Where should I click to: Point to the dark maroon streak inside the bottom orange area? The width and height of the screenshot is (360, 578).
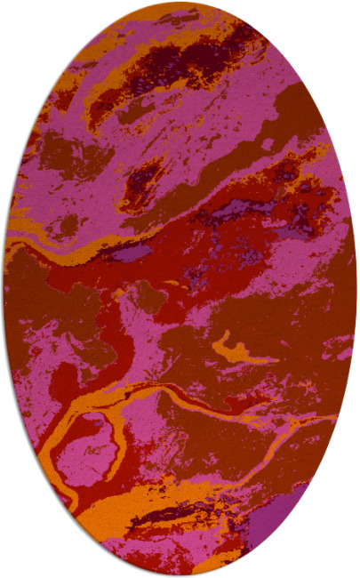tap(169, 516)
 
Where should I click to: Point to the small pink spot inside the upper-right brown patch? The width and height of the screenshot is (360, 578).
tap(269, 142)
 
